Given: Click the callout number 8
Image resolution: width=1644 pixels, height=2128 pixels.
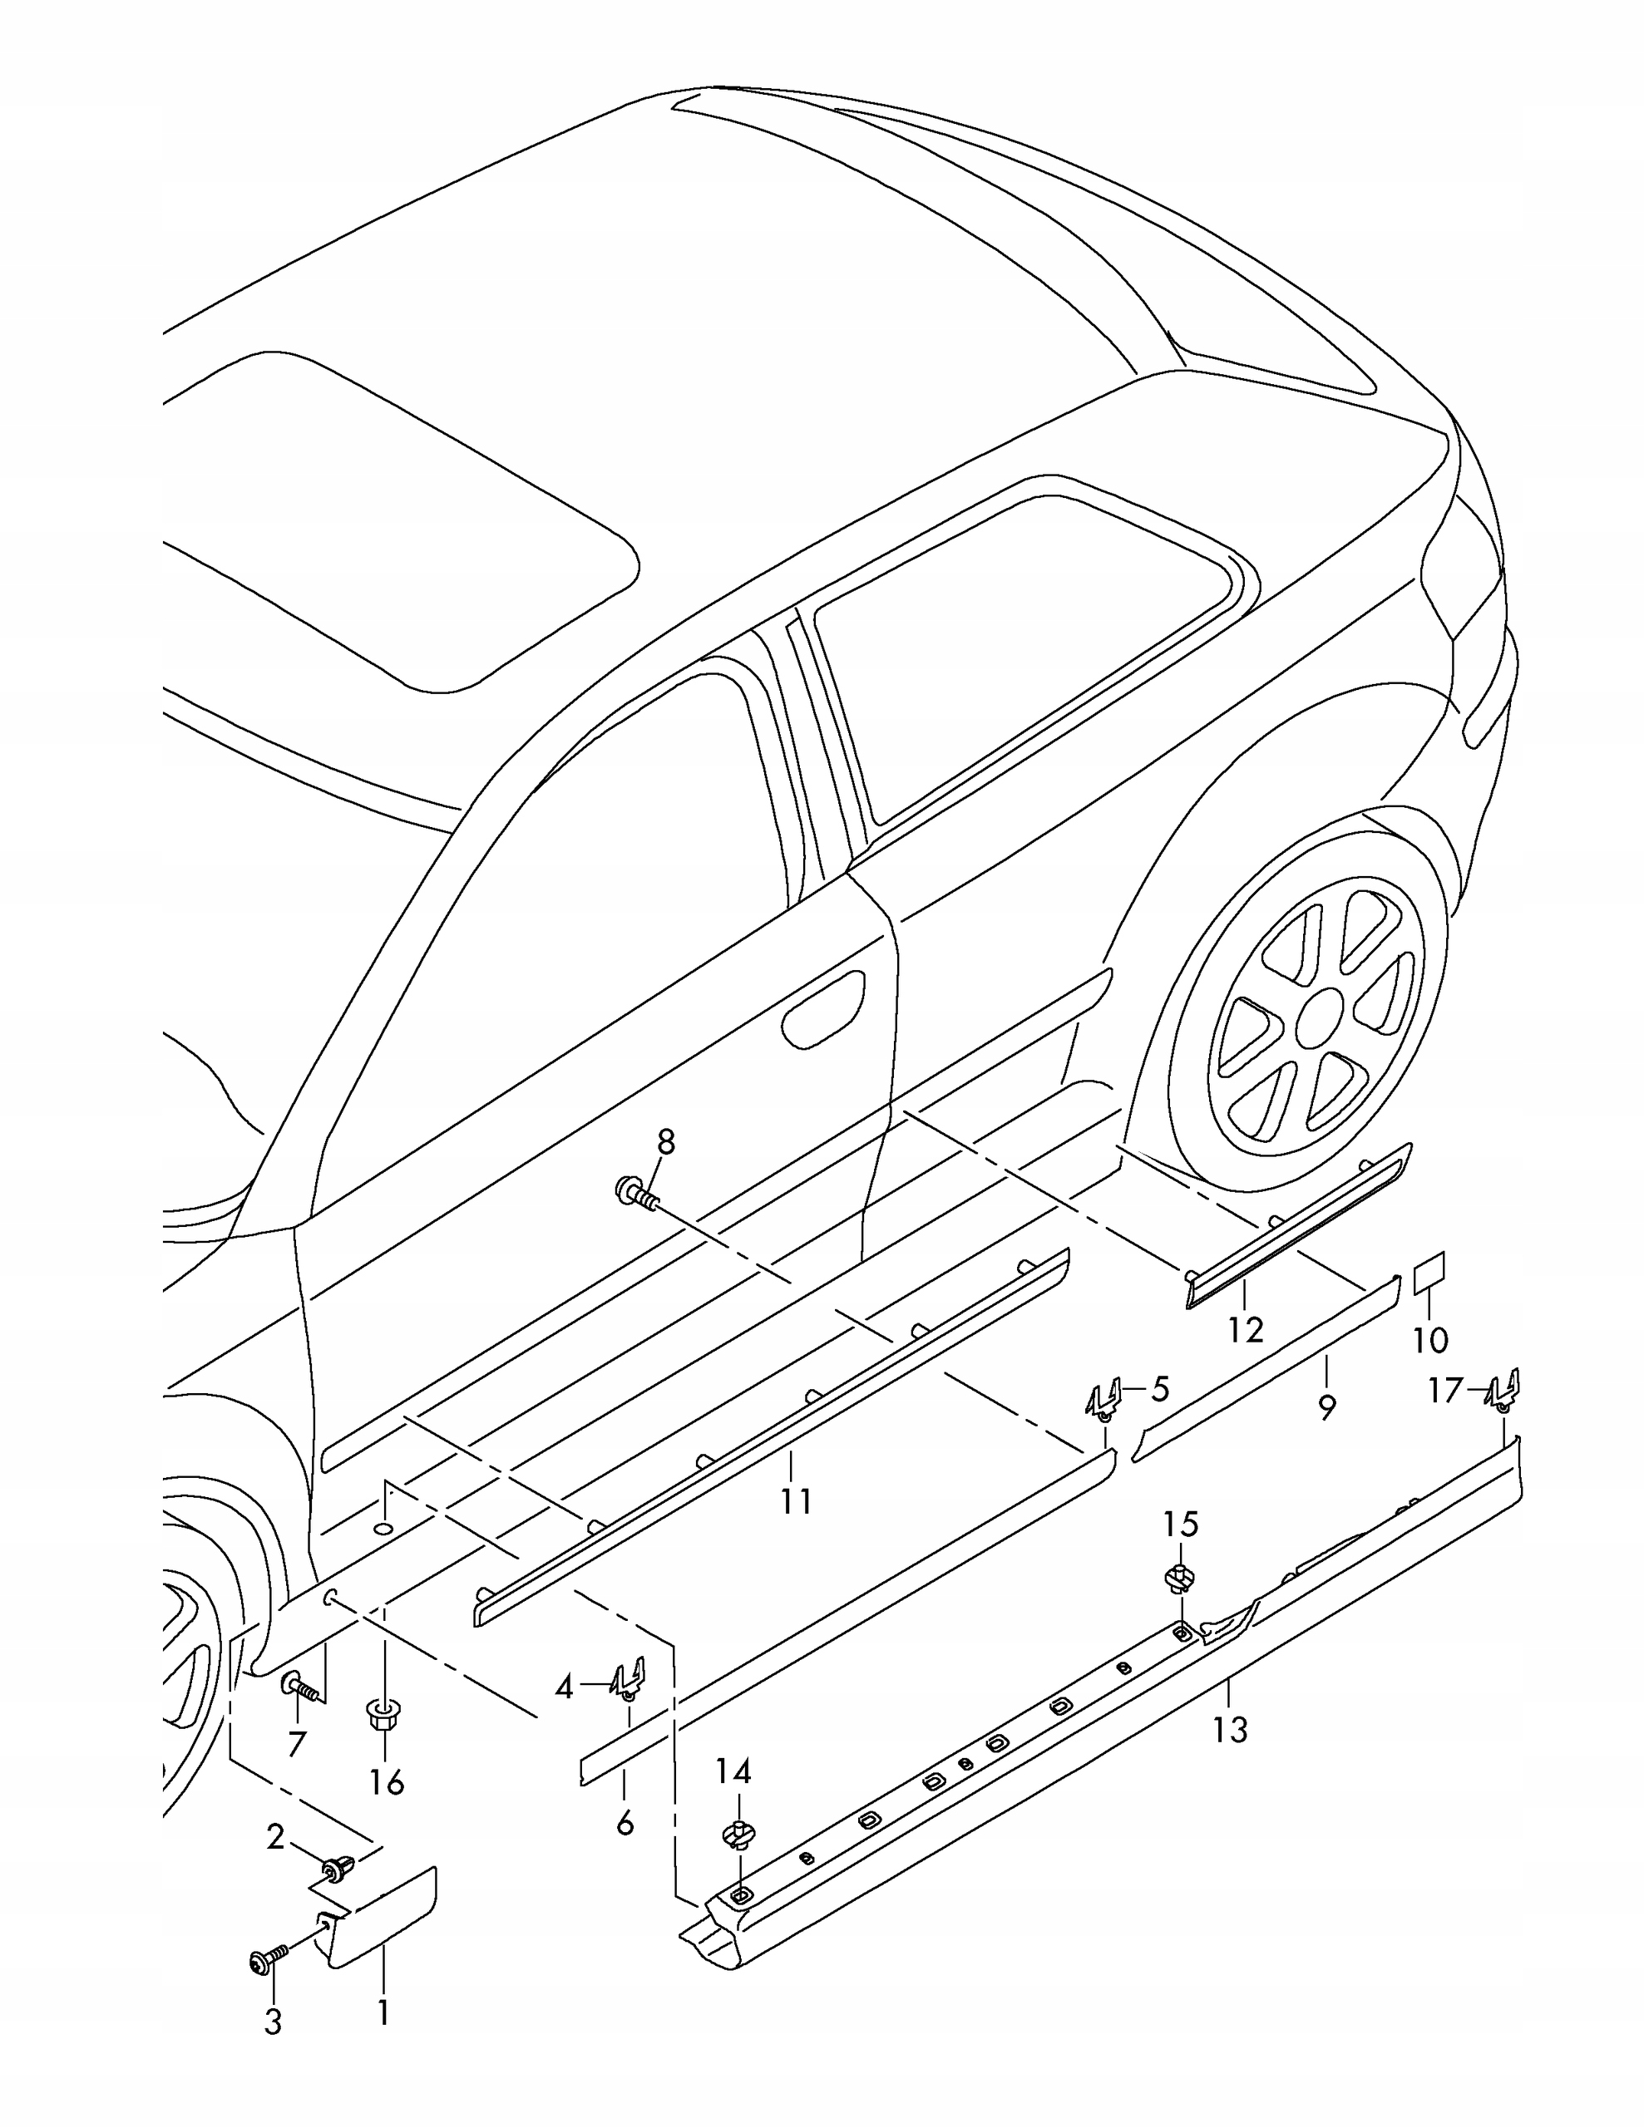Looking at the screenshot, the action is click(665, 1141).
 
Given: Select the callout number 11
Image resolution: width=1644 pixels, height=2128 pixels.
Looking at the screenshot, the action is click(795, 1500).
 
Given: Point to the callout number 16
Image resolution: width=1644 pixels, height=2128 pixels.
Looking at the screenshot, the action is click(387, 1782).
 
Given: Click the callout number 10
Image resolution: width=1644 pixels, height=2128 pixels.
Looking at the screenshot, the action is click(1430, 1340).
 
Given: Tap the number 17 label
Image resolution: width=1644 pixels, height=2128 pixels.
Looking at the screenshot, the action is click(1445, 1391).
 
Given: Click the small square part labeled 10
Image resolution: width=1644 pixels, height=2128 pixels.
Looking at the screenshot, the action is click(1429, 1274).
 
